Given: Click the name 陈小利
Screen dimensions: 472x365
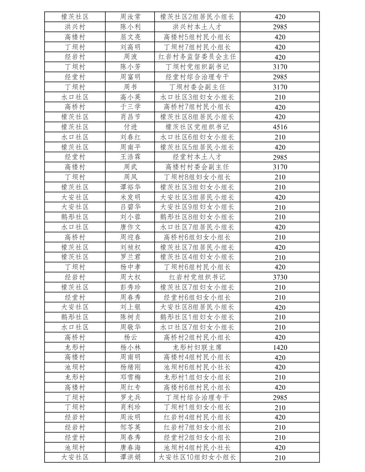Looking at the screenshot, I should (130, 27).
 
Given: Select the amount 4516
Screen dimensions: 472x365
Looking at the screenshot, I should (280, 127).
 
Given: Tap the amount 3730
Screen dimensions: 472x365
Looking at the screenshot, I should (280, 277).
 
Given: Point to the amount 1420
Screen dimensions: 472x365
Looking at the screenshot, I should (280, 348).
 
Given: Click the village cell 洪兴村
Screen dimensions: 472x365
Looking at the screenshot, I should (75, 27).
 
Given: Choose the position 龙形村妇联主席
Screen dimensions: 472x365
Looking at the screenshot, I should (197, 348).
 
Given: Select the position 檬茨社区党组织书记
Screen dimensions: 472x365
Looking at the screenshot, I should (197, 127).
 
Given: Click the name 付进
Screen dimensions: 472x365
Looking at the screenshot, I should (130, 127).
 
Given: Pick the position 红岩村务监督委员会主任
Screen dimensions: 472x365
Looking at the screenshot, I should (197, 57).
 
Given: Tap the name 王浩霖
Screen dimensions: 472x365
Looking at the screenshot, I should (130, 157).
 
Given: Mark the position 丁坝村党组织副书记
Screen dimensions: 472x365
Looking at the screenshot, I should (197, 67).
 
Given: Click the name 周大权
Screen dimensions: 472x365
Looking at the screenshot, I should (130, 277).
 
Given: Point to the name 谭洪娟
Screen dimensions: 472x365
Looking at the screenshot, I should (130, 457).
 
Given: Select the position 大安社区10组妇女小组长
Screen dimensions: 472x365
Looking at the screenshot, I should (197, 457).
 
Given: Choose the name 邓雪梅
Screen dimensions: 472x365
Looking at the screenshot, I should (130, 377).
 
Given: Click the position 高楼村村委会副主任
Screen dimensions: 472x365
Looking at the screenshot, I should (197, 167).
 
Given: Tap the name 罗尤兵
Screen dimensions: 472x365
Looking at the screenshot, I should (130, 397).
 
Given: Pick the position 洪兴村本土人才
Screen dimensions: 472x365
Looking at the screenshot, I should (197, 27).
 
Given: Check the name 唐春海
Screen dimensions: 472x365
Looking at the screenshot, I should (130, 448).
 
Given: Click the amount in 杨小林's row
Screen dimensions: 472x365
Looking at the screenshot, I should (280, 348).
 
